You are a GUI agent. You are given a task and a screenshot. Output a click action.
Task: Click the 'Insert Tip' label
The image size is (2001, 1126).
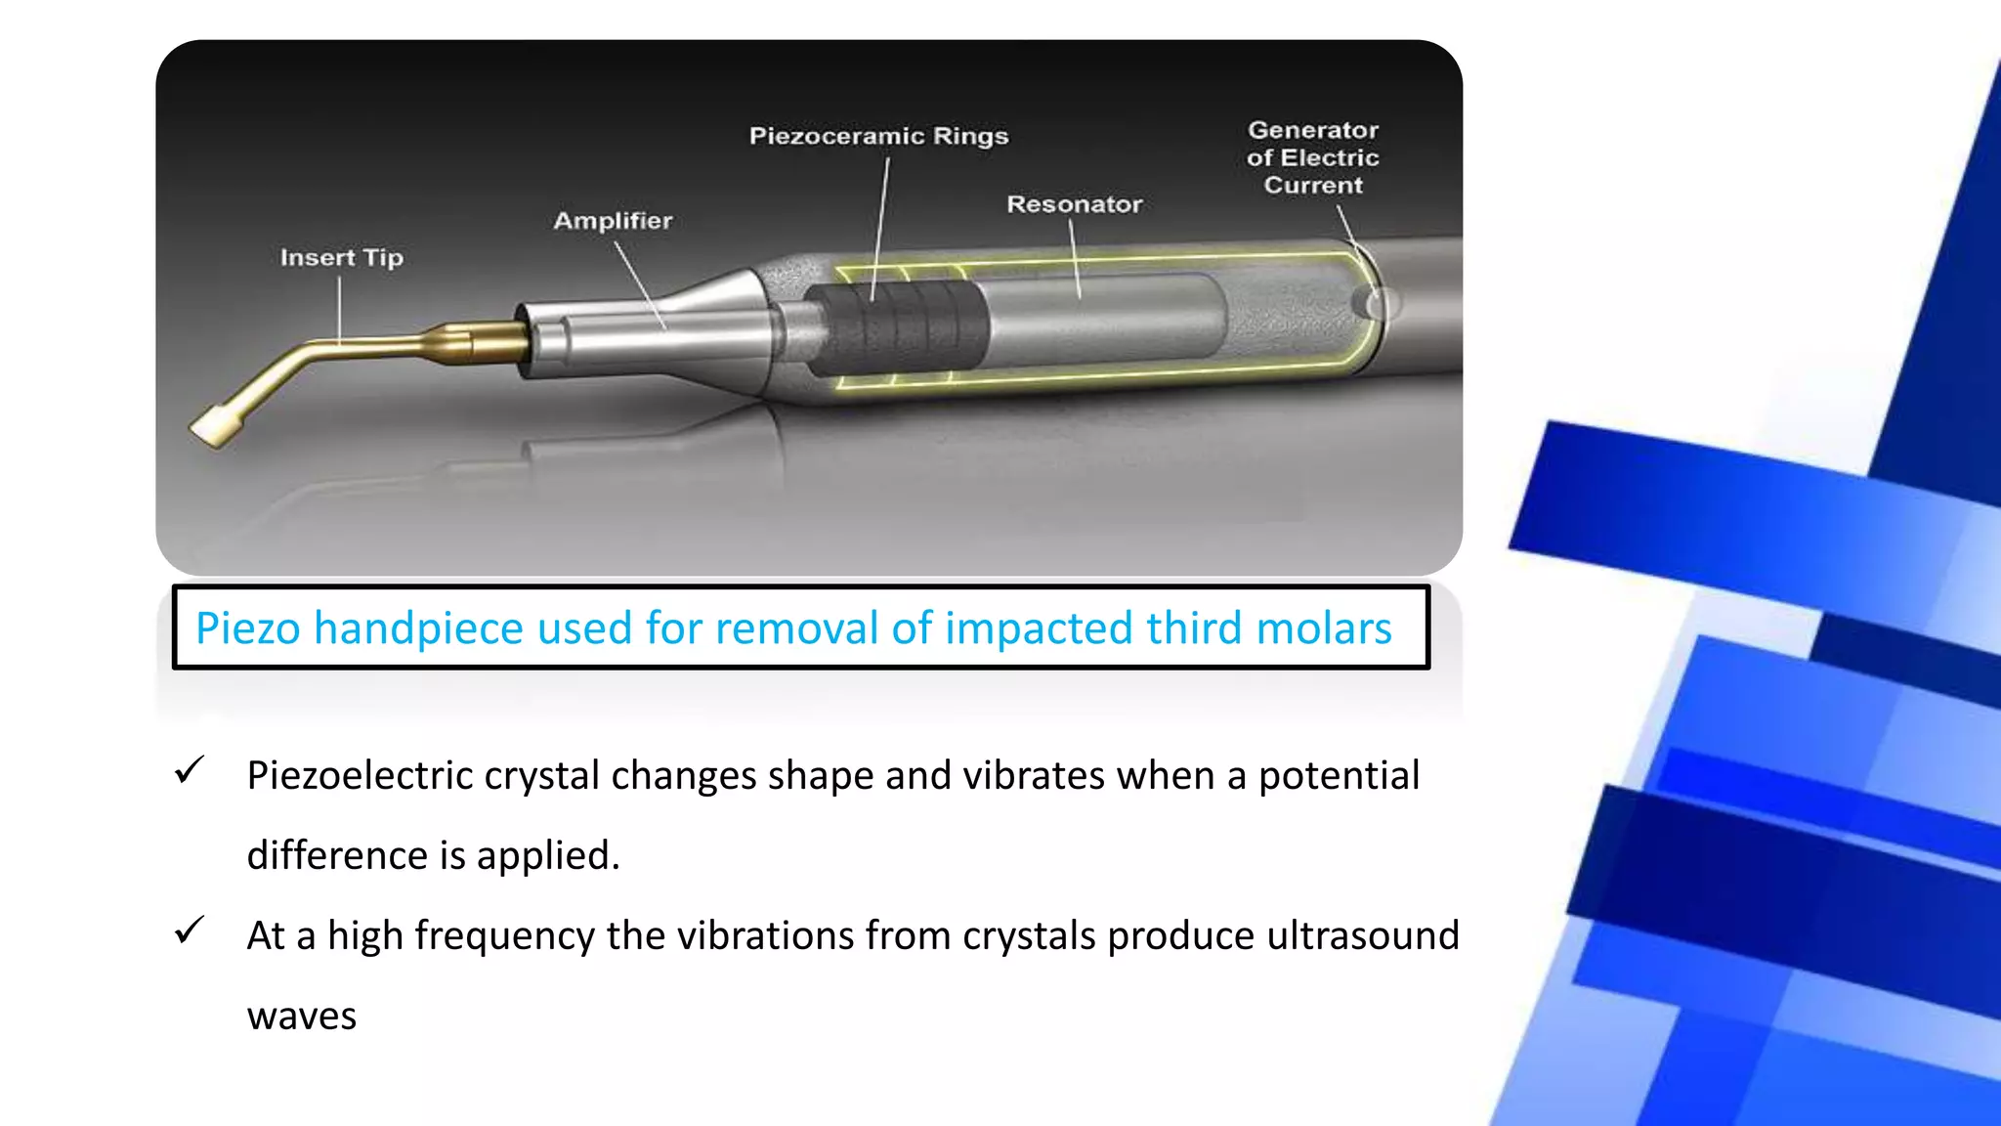(341, 258)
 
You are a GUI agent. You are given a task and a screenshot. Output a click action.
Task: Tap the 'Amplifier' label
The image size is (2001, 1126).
(613, 221)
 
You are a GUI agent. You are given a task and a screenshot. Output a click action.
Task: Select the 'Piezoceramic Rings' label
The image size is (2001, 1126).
(878, 136)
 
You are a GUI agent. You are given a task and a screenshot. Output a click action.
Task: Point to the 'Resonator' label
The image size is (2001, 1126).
(1074, 204)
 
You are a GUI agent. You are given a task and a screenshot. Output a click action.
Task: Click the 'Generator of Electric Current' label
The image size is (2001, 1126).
(1312, 157)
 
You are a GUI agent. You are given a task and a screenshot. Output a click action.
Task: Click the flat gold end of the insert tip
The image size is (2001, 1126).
(213, 427)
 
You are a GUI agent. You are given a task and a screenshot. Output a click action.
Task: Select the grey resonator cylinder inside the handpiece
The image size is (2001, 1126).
(1104, 321)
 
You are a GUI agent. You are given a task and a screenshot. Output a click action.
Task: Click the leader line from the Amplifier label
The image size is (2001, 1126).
(640, 284)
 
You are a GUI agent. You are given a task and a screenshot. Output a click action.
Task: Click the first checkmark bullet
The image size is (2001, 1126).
(189, 771)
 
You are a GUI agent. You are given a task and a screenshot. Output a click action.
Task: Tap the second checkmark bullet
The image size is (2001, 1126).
(189, 931)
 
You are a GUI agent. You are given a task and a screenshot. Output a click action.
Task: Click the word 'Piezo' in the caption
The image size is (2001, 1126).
(248, 628)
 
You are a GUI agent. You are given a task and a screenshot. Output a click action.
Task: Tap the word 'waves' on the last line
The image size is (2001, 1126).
(301, 1017)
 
